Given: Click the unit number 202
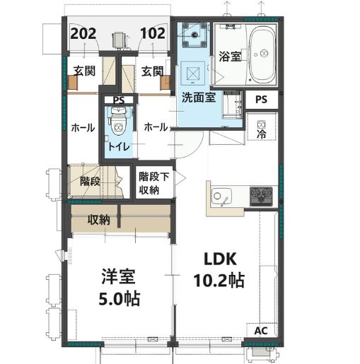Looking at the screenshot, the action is [83, 33].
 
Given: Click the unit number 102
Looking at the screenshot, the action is [153, 33].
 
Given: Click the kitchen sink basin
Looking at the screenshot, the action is [221, 196].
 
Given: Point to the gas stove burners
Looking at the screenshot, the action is [261, 195].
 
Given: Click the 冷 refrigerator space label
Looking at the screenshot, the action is [262, 134].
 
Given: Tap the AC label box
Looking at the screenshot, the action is [261, 331].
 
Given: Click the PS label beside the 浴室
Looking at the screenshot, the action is [261, 100].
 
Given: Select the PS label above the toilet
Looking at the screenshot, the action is [119, 100].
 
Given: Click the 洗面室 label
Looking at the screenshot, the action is [199, 98].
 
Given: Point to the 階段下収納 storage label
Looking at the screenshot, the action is [153, 183].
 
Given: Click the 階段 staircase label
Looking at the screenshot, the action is [90, 181].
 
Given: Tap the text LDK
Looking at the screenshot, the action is [220, 259].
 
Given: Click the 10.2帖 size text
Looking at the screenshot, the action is [219, 281].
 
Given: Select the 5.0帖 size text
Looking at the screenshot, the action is [119, 298].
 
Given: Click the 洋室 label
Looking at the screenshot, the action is [118, 276].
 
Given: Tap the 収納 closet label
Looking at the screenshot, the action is [99, 220].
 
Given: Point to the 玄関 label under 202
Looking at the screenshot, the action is [84, 71].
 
